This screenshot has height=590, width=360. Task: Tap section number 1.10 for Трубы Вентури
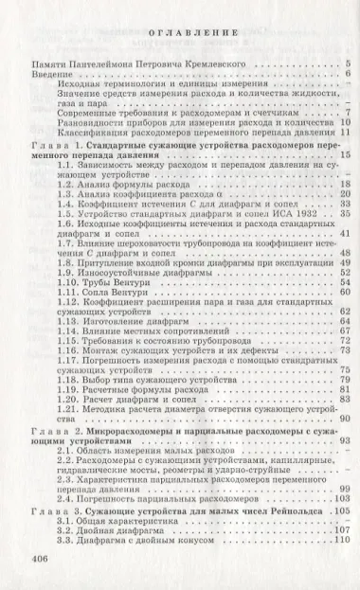click(x=67, y=283)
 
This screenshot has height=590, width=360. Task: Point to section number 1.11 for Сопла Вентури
click(x=67, y=295)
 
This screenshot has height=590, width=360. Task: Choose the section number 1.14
click(x=67, y=333)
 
